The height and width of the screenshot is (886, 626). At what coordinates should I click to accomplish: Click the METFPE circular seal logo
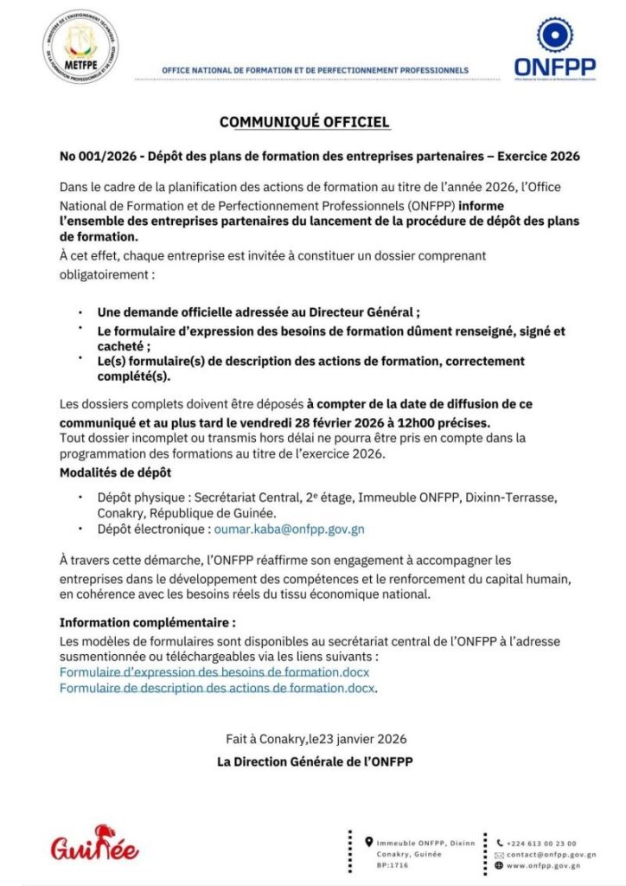pyautogui.click(x=80, y=45)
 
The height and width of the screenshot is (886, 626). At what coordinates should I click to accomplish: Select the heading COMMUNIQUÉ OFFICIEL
pyautogui.click(x=304, y=122)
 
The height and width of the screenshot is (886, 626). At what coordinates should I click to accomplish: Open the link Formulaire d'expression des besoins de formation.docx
pyautogui.click(x=214, y=672)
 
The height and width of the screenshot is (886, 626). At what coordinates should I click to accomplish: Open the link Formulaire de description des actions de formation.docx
pyautogui.click(x=218, y=688)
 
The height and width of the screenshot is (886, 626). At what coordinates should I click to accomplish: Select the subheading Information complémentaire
pyautogui.click(x=147, y=622)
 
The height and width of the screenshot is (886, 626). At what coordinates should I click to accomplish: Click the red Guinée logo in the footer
pyautogui.click(x=95, y=843)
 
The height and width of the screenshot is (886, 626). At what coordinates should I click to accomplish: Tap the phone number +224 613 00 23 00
pyautogui.click(x=541, y=843)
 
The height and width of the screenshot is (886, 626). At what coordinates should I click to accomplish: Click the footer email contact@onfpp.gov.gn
pyautogui.click(x=543, y=854)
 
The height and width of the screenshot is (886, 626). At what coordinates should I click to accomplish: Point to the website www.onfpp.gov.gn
pyautogui.click(x=543, y=865)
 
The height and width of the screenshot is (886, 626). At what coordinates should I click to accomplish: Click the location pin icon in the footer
pyautogui.click(x=369, y=841)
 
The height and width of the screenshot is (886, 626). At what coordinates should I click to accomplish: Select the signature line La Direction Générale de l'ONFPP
pyautogui.click(x=315, y=761)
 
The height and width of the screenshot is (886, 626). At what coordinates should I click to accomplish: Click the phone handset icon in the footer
pyautogui.click(x=499, y=843)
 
